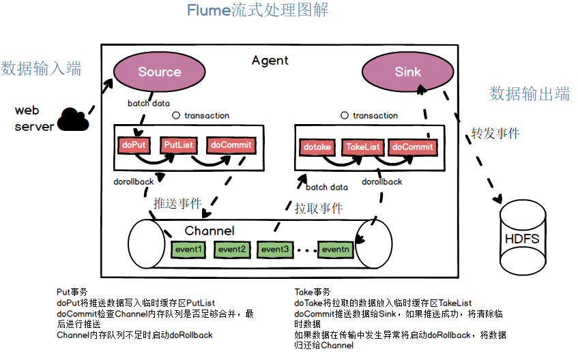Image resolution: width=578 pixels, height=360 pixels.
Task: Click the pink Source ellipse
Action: (x=159, y=72)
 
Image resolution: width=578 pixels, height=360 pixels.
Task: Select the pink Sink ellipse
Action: (x=407, y=72)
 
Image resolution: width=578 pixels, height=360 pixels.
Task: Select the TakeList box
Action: (x=363, y=147)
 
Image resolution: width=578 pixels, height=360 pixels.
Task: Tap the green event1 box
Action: (x=188, y=249)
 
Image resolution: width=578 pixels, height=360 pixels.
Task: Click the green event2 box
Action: (x=232, y=249)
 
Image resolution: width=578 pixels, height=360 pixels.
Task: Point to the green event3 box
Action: (x=275, y=250)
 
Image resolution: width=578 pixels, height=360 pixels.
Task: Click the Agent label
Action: (x=270, y=61)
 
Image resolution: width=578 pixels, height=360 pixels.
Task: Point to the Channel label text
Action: (x=209, y=230)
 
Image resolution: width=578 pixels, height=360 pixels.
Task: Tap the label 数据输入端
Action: (x=41, y=68)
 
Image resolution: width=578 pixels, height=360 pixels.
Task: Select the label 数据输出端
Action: (x=530, y=94)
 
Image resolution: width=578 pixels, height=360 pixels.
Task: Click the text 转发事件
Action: (x=495, y=134)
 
